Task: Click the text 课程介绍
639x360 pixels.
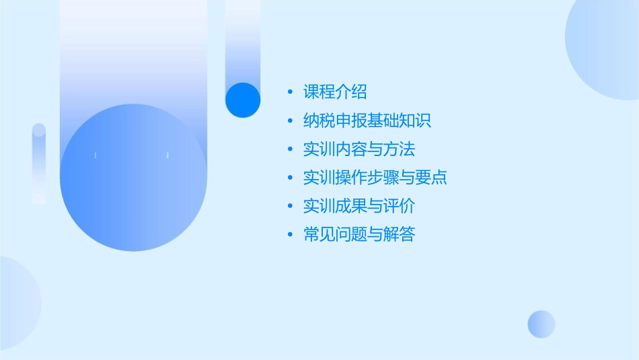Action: pyautogui.click(x=335, y=92)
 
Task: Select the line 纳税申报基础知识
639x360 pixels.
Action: pyautogui.click(x=367, y=120)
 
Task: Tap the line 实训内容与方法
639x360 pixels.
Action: pyautogui.click(x=359, y=149)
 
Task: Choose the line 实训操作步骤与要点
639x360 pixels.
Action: pyautogui.click(x=375, y=178)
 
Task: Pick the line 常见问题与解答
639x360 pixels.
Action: pyautogui.click(x=359, y=234)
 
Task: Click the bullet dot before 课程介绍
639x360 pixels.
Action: pyautogui.click(x=290, y=92)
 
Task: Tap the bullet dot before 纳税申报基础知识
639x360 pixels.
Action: pyautogui.click(x=290, y=121)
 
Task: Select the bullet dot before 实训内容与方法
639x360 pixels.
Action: pyautogui.click(x=290, y=149)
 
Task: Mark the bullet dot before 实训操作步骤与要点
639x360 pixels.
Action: pyautogui.click(x=290, y=178)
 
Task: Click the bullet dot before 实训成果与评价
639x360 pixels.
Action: pyautogui.click(x=290, y=206)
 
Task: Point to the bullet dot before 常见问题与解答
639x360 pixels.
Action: pyautogui.click(x=290, y=235)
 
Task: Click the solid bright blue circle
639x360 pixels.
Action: pyautogui.click(x=242, y=100)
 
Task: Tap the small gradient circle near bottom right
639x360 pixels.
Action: pyautogui.click(x=541, y=324)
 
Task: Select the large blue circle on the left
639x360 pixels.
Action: pyautogui.click(x=133, y=178)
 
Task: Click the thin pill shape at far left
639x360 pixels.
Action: pyautogui.click(x=39, y=164)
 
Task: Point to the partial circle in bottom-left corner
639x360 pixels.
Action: pyautogui.click(x=17, y=302)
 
